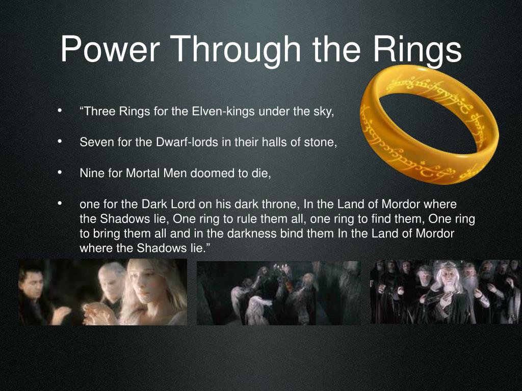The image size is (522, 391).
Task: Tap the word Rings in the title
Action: tap(417, 50)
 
